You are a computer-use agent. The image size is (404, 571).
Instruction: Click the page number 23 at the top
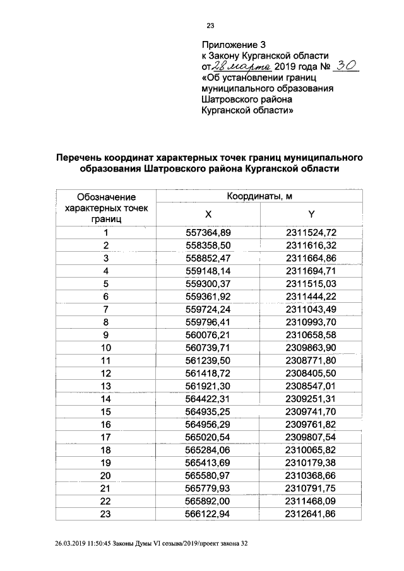point(211,26)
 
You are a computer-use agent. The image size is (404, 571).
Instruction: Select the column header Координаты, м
point(259,197)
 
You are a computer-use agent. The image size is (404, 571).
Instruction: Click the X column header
point(208,214)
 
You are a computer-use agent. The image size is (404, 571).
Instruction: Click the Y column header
point(311,214)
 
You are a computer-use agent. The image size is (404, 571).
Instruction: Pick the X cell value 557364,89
point(208,232)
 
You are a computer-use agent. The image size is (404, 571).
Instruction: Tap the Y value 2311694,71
point(311,271)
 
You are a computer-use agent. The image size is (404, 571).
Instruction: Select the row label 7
point(106,310)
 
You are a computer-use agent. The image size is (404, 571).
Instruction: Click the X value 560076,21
point(208,334)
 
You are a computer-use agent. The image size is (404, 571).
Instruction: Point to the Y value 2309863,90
point(311,348)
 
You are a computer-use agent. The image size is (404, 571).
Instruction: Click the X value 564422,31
point(208,399)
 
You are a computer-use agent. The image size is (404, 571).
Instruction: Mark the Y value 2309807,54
point(311,437)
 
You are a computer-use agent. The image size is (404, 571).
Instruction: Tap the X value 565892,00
point(208,500)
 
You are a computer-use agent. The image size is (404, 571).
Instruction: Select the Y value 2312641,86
point(311,514)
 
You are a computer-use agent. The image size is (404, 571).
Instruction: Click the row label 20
point(106,475)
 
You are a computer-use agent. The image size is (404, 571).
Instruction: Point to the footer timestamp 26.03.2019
point(77,544)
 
